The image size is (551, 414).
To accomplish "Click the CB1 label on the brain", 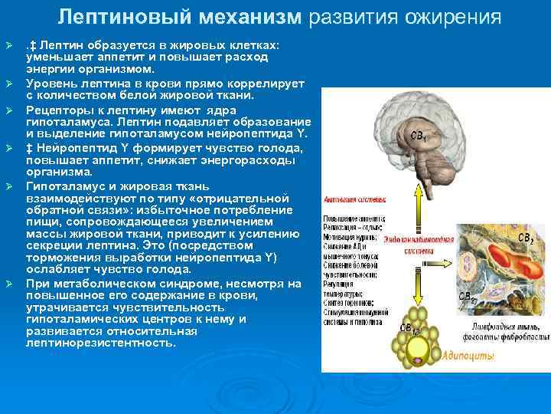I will [x=419, y=136].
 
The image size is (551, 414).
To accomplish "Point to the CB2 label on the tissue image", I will [x=526, y=239].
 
